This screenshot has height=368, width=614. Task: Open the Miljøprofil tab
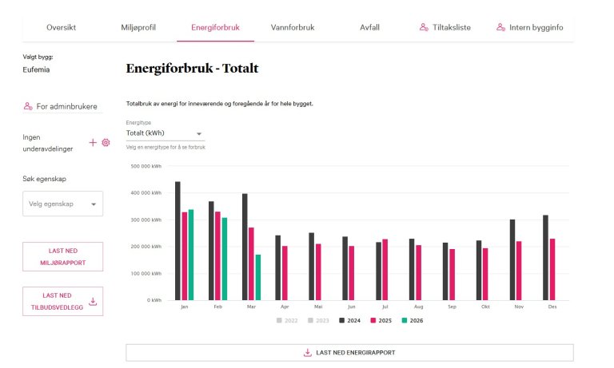(138, 27)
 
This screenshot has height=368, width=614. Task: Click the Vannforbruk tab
(292, 27)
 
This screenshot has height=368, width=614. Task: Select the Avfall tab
(369, 27)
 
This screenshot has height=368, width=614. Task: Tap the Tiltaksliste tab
(445, 27)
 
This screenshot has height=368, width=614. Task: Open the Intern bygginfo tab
(529, 27)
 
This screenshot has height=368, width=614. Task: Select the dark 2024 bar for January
(177, 240)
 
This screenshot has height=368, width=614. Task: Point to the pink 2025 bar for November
(519, 270)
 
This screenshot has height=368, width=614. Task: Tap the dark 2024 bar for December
(545, 257)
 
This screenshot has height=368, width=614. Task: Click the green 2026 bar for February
(225, 259)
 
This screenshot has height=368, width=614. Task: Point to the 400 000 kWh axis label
(149, 193)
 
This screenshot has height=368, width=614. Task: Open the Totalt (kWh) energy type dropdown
(165, 133)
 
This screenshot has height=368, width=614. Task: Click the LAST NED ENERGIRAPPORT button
(349, 352)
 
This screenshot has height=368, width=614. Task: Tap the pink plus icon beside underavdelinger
(93, 142)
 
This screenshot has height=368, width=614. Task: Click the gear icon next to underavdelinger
(105, 142)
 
